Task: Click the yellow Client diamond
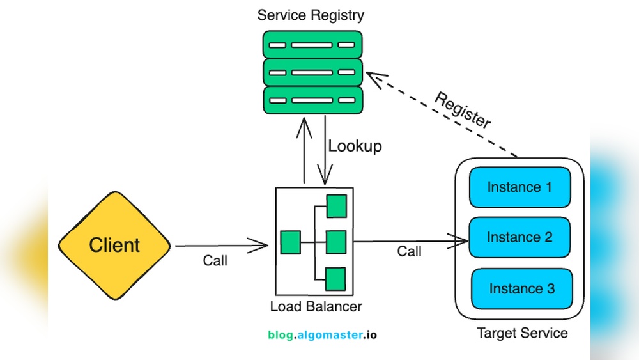114,245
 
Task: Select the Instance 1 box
519,187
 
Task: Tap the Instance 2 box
520,237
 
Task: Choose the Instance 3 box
521,288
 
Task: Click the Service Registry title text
311,15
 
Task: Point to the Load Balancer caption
316,306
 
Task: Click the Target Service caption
522,333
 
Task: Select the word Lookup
355,146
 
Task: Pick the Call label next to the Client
215,260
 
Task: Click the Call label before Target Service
409,251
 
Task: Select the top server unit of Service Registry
312,45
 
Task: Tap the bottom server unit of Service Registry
312,100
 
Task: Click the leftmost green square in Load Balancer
290,242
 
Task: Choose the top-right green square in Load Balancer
336,205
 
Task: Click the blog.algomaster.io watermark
322,334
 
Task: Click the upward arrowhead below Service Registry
304,127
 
